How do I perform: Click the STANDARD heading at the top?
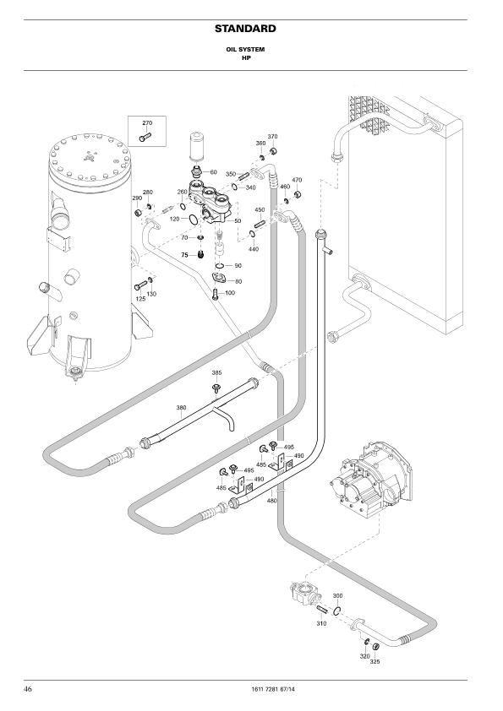click(x=245, y=29)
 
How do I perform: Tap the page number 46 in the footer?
click(x=28, y=689)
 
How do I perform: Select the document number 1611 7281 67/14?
click(x=272, y=689)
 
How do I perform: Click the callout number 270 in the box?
click(x=147, y=123)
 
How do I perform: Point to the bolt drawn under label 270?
click(x=145, y=137)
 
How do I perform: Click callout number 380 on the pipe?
click(x=181, y=408)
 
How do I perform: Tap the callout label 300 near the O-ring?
click(x=338, y=596)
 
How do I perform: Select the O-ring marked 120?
click(x=193, y=220)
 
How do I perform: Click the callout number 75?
click(x=185, y=255)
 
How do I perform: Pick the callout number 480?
click(x=271, y=501)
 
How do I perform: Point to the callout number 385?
click(x=216, y=372)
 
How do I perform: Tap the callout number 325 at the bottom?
click(x=375, y=661)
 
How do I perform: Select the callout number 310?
click(x=321, y=623)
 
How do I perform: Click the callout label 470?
click(x=297, y=180)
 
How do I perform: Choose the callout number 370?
click(x=272, y=137)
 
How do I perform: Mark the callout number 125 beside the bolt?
click(x=140, y=299)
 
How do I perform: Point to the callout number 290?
click(x=137, y=198)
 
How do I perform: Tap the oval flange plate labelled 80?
click(x=221, y=279)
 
